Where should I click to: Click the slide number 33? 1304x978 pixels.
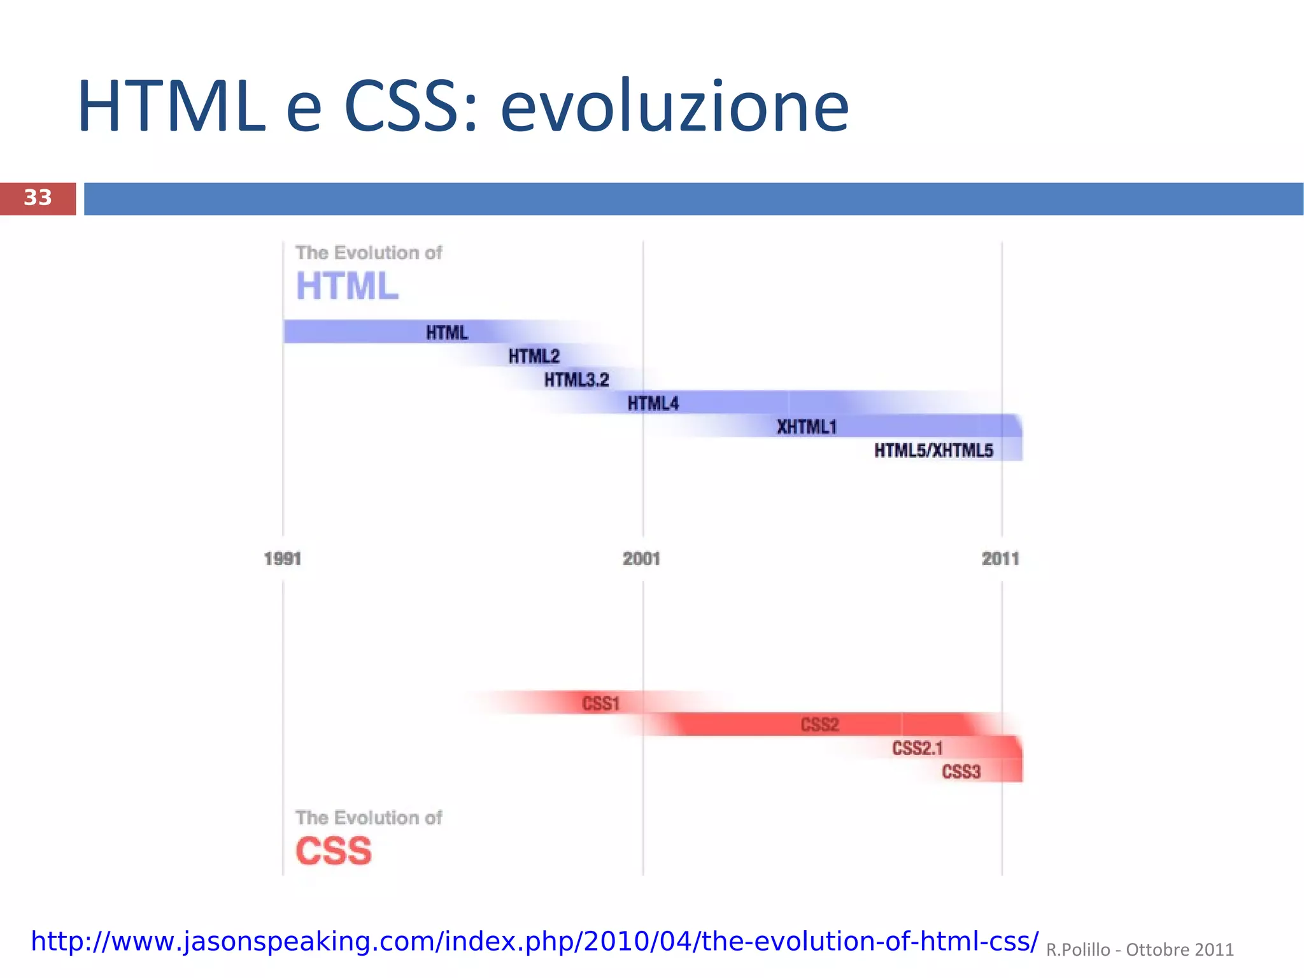coord(38,198)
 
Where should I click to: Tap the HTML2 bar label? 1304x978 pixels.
coord(534,356)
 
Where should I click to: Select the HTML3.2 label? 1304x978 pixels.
coord(576,380)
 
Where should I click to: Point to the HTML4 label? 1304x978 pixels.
coord(653,403)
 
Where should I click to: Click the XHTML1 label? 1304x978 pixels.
coord(806,427)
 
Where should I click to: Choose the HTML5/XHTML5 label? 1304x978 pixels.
coord(933,450)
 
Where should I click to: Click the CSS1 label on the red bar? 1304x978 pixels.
coord(600,703)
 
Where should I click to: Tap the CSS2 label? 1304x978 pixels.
coord(819,724)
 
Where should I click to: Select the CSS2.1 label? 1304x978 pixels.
coord(917,748)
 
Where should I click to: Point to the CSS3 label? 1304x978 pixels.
coord(961,772)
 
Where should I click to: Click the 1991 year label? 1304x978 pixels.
coord(282,559)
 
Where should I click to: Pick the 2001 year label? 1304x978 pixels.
coord(641,559)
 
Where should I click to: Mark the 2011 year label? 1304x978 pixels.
coord(1000,559)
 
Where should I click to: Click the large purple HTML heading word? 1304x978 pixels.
coord(347,286)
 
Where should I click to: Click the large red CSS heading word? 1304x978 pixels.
coord(333,851)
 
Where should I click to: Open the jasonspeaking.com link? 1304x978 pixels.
coord(534,941)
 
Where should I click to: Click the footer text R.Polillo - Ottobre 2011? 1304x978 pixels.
coord(1140,949)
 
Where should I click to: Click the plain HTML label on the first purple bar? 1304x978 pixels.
coord(446,333)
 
